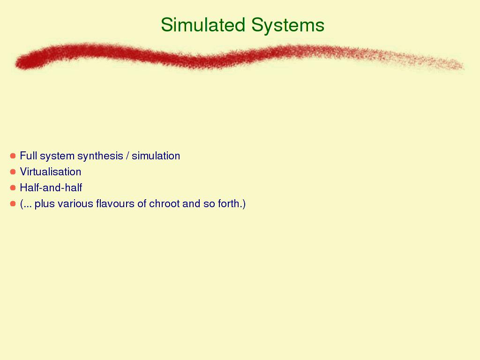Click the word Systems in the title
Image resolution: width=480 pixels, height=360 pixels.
pyautogui.click(x=288, y=25)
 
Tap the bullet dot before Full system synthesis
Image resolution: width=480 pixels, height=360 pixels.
pyautogui.click(x=13, y=156)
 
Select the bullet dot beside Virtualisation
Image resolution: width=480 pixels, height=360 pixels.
pyautogui.click(x=13, y=172)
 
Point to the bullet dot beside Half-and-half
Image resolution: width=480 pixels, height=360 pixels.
pyautogui.click(x=13, y=187)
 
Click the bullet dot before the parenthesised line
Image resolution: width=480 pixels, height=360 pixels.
pyautogui.click(x=13, y=203)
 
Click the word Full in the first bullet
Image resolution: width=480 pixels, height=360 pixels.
pyautogui.click(x=29, y=156)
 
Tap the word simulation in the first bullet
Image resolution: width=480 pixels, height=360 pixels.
pyautogui.click(x=156, y=156)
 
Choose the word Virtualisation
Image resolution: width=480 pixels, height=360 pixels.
pyautogui.click(x=51, y=172)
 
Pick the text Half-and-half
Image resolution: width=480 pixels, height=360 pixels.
pyautogui.click(x=51, y=187)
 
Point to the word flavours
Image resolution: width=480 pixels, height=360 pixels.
pyautogui.click(x=115, y=203)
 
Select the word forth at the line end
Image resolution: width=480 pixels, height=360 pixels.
pyautogui.click(x=228, y=203)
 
